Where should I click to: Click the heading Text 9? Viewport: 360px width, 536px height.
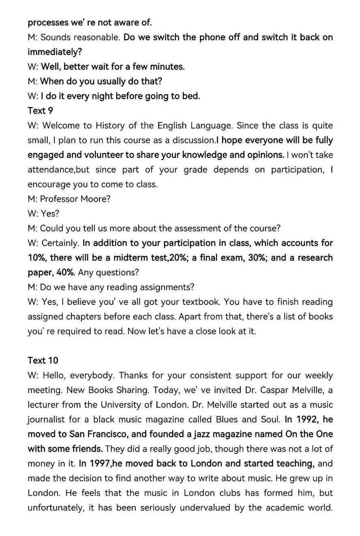40,111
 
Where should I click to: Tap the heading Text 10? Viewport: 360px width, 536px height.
43,360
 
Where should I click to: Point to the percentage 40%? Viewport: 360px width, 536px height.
65,272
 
